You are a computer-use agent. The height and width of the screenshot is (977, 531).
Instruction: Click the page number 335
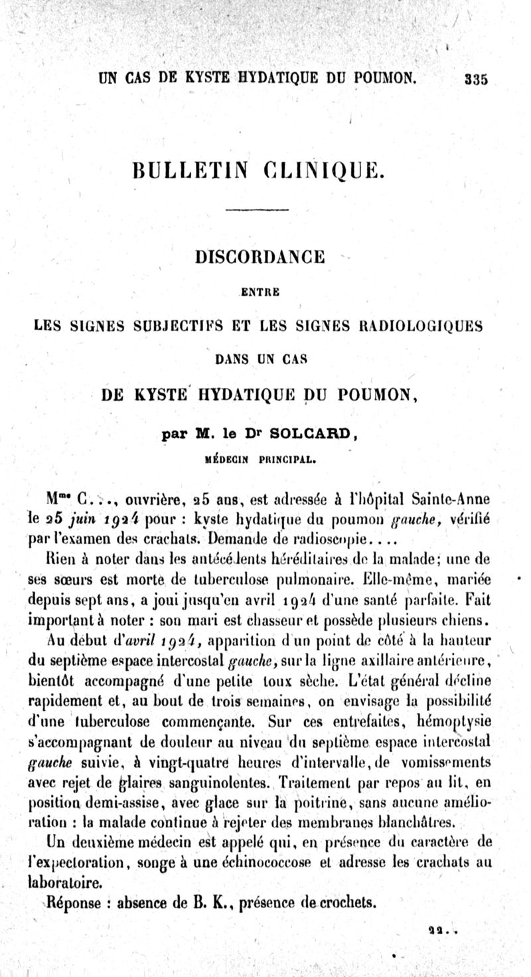tap(476, 78)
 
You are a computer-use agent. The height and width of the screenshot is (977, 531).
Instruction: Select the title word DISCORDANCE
tap(259, 256)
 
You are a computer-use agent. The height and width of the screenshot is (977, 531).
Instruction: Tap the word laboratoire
tap(74, 883)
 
